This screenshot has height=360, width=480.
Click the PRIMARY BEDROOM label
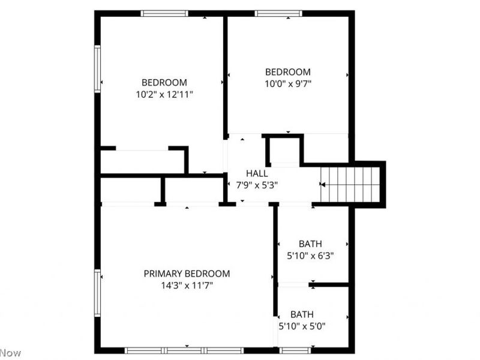click(187, 274)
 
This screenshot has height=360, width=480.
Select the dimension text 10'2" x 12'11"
click(164, 94)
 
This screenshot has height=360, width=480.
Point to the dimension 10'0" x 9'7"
click(288, 84)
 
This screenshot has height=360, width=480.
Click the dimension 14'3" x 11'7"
click(187, 286)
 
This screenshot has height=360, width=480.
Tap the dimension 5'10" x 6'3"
click(310, 255)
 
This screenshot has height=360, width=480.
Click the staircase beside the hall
click(350, 185)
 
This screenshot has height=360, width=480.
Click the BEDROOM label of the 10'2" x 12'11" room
click(164, 82)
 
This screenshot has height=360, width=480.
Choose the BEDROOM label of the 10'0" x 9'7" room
click(288, 72)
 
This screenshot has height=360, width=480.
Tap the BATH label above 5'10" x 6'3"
click(310, 244)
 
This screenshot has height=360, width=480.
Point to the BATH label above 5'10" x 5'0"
click(302, 314)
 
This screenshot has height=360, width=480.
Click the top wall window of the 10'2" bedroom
click(164, 13)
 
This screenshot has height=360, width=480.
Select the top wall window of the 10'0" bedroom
click(278, 13)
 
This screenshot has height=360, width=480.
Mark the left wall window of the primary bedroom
click(97, 293)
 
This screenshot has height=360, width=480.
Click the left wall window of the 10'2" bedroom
click(97, 69)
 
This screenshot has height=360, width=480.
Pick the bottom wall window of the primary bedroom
click(185, 350)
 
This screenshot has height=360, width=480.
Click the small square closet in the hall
click(284, 151)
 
